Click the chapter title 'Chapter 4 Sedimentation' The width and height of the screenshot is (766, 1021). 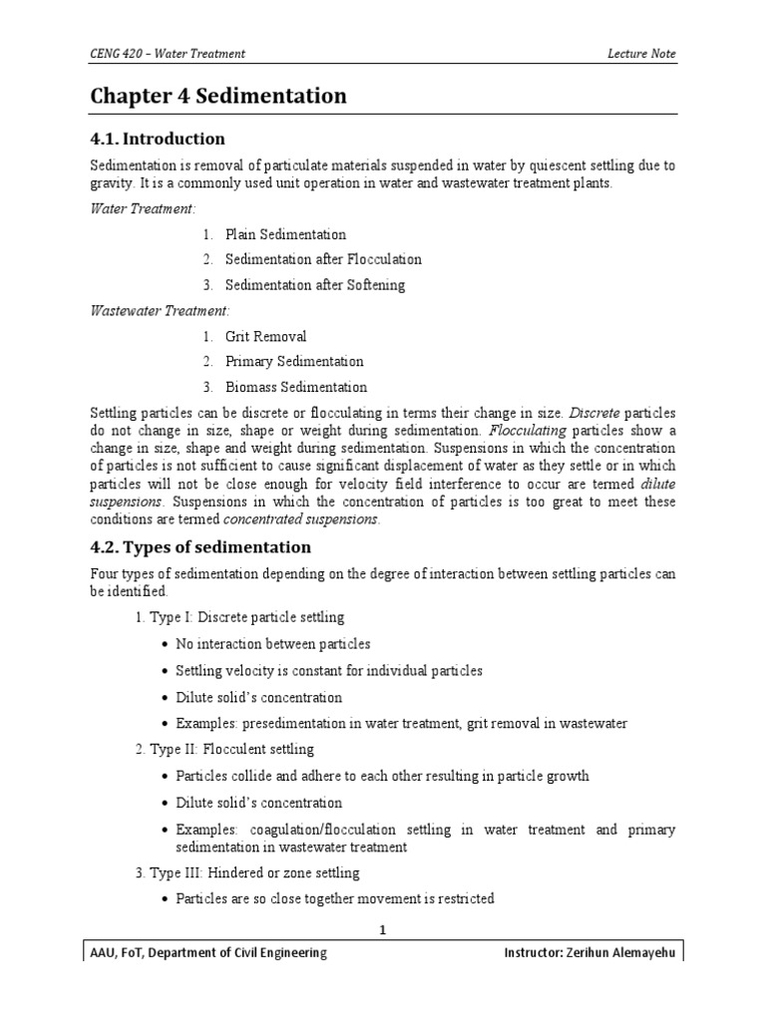click(x=218, y=96)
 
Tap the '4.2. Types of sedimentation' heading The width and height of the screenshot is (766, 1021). click(x=200, y=547)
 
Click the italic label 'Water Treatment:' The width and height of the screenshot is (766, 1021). click(x=144, y=208)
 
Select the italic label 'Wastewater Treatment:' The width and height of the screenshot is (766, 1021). click(x=160, y=311)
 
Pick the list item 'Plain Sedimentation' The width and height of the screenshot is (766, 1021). click(x=285, y=234)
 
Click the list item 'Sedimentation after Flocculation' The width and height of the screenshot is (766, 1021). click(x=323, y=259)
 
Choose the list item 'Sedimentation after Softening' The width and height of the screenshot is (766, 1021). click(x=314, y=285)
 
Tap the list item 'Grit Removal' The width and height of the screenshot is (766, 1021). click(x=265, y=337)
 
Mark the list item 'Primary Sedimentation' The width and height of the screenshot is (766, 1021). click(x=294, y=362)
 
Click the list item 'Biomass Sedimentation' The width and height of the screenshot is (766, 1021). click(x=295, y=387)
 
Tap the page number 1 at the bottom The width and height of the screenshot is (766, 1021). click(x=382, y=929)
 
